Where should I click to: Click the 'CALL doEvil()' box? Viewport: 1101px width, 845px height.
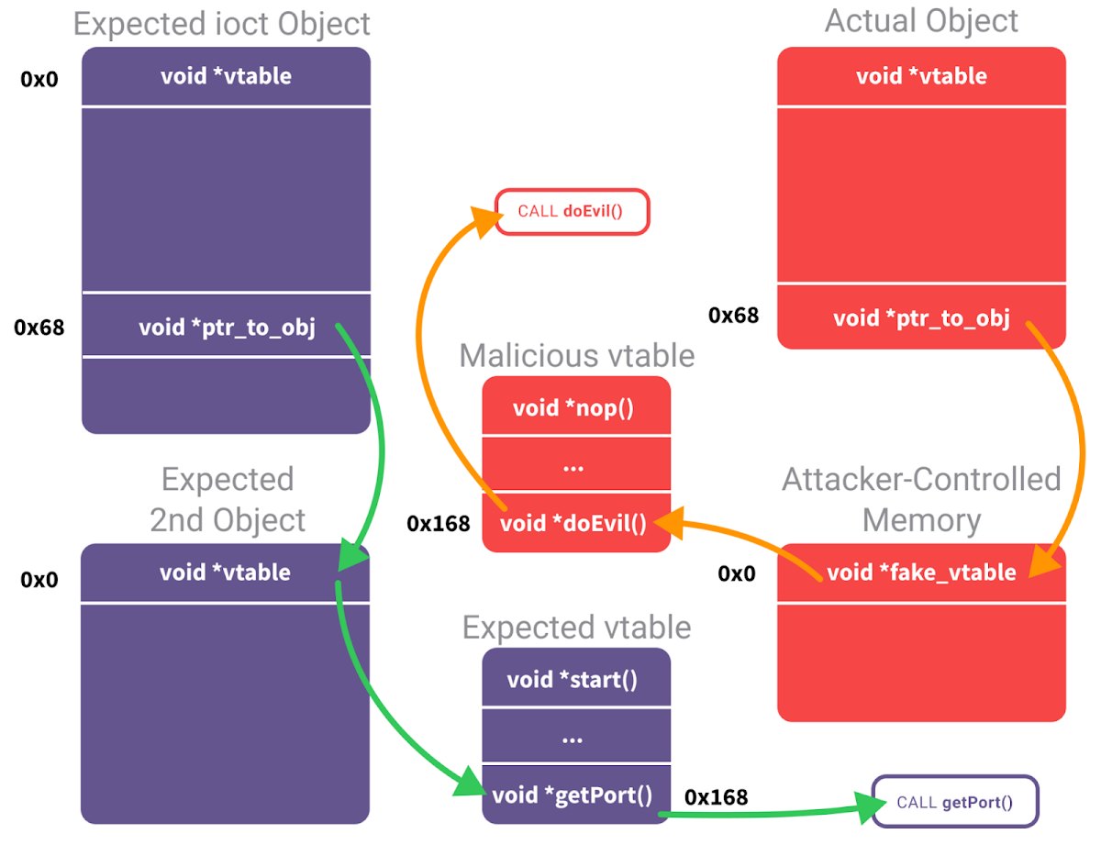coord(572,212)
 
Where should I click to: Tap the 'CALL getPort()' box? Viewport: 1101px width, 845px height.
coord(954,803)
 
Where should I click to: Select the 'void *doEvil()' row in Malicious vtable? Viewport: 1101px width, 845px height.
coord(575,524)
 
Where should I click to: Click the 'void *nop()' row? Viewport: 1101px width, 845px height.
coord(575,407)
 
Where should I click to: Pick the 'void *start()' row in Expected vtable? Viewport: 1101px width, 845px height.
coord(575,680)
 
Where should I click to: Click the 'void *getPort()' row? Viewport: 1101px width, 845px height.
coord(575,795)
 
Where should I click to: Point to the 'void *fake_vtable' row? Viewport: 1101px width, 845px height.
coord(921,573)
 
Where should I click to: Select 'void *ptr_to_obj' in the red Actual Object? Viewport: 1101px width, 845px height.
coord(921,318)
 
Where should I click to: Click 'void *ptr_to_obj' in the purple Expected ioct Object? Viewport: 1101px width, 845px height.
coord(227,327)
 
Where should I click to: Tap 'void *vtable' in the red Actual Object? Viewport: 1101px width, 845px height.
coord(921,76)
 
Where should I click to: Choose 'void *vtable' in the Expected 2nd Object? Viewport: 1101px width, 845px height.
coord(225,573)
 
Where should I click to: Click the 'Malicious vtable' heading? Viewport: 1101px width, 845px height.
coord(576,355)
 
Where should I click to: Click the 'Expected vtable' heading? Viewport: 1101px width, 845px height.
coord(576,628)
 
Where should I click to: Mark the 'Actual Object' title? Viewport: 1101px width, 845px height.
coord(921,21)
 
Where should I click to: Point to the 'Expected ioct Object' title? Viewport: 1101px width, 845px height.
coord(222,24)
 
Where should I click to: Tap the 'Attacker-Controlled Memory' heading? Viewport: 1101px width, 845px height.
coord(921,499)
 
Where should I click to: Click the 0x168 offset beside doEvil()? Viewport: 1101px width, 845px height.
coord(439,524)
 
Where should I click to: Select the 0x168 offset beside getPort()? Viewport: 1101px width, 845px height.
coord(716,797)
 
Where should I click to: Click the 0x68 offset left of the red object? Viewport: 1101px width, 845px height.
coord(733,316)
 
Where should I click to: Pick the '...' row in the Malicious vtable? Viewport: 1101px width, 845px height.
coord(575,465)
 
